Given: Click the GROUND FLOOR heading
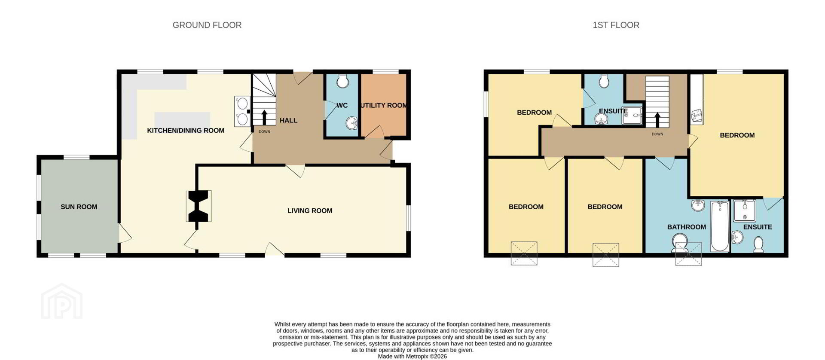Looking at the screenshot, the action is [207, 25].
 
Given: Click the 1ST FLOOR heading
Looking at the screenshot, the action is [616, 25].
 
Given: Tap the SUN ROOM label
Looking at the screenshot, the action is [79, 207].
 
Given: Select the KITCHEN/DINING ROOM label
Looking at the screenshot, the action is [186, 131].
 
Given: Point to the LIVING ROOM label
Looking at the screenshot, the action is [310, 211].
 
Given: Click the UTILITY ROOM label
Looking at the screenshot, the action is [384, 105].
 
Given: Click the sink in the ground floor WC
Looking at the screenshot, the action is [352, 123].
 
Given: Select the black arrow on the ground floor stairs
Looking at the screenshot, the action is [264, 117].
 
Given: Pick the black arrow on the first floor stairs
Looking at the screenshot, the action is [657, 120].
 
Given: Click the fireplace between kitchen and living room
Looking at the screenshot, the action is [199, 206].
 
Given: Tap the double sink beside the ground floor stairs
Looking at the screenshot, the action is [242, 111].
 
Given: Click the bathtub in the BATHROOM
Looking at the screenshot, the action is [720, 226].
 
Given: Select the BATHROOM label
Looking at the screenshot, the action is [686, 227].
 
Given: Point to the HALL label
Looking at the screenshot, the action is [288, 120].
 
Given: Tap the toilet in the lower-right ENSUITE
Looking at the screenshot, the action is [758, 245].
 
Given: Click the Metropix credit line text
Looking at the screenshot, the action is [412, 357].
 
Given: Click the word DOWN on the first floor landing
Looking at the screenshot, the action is [657, 134].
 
